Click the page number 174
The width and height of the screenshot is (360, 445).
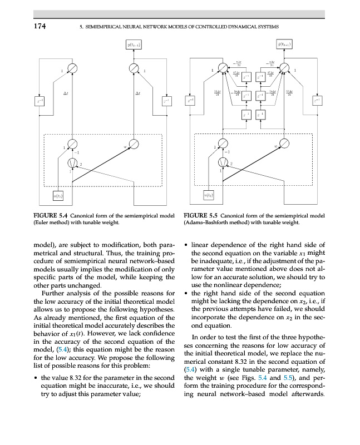click(38, 26)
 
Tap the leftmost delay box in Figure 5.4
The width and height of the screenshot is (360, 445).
click(37, 101)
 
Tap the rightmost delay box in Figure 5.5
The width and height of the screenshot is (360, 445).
click(317, 101)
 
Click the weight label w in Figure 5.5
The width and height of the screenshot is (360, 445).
click(275, 146)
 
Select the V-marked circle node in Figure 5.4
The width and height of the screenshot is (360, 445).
click(72, 163)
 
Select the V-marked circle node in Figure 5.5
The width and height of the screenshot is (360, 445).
click(224, 163)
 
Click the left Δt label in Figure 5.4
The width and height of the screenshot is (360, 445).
click(66, 93)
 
